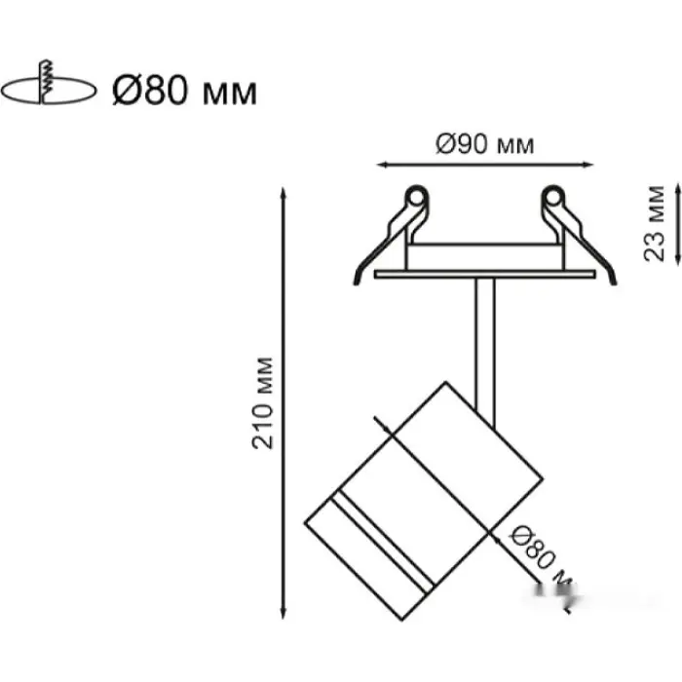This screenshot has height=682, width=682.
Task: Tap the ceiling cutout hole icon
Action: [x=49, y=91]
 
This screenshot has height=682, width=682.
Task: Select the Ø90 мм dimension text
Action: [x=484, y=145]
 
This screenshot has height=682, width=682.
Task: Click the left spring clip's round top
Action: [x=416, y=198]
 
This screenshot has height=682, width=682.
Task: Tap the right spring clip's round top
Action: [x=554, y=198]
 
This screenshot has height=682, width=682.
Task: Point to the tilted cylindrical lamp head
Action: [x=429, y=487]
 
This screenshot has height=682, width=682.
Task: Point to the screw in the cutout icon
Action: [x=44, y=83]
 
